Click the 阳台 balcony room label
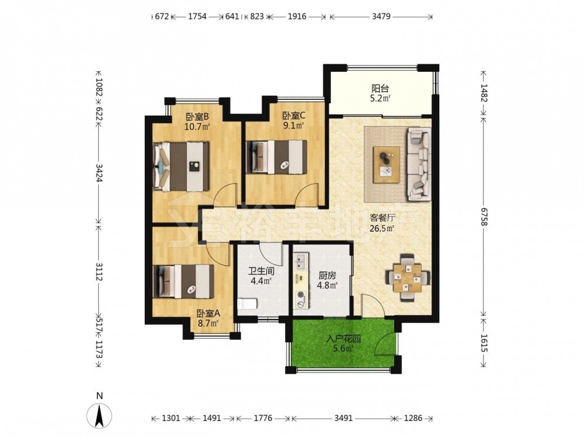(x=380, y=89)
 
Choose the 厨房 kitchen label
(x=327, y=276)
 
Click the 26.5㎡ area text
(x=382, y=228)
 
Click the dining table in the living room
(x=408, y=277)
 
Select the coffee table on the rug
(x=387, y=164)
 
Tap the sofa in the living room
(x=419, y=164)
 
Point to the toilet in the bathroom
(x=247, y=304)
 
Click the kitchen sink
(x=301, y=262)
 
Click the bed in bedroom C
(x=276, y=157)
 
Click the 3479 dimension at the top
(x=381, y=16)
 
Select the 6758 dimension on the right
(x=484, y=216)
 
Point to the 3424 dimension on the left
(x=99, y=173)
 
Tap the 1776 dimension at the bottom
(x=263, y=418)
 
